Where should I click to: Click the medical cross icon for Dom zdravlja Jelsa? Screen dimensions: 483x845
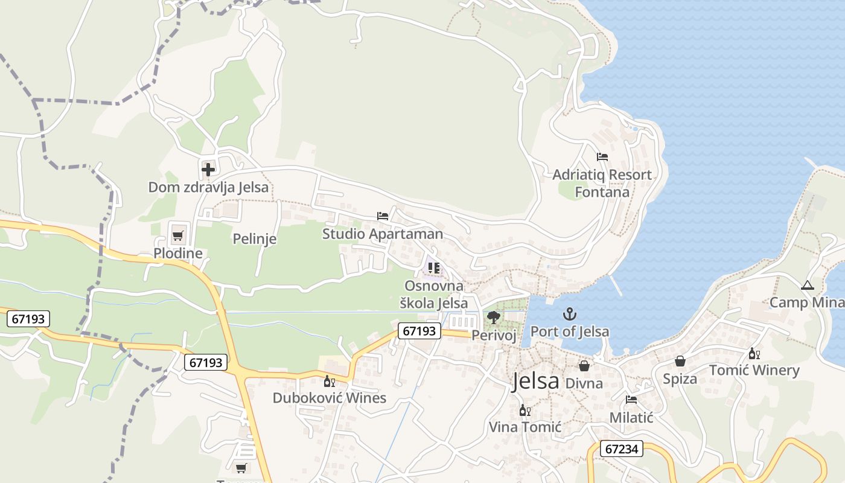[x=208, y=169]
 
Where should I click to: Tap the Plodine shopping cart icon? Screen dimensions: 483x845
[x=177, y=235]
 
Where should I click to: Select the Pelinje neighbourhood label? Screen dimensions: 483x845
[x=255, y=239]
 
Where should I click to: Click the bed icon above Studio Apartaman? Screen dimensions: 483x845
[x=383, y=216]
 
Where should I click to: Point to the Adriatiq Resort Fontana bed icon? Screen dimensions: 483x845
[x=602, y=157]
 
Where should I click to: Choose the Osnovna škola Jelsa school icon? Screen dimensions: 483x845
[x=433, y=267]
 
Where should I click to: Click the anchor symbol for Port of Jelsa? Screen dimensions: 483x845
[x=569, y=314]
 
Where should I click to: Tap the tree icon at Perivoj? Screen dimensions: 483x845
[x=494, y=318]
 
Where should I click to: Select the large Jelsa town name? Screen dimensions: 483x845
[x=535, y=381]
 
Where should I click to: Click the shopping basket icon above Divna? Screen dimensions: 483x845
[x=584, y=366]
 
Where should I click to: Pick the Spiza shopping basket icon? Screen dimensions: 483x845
[x=680, y=361]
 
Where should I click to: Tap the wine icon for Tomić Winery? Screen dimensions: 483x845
[x=754, y=353]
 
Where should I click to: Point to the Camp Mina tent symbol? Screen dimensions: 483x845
[x=808, y=286]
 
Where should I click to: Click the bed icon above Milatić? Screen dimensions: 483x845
[x=631, y=400]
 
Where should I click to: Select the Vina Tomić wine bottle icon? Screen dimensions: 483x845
[x=525, y=411]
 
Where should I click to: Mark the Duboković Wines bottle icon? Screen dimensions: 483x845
[x=329, y=381]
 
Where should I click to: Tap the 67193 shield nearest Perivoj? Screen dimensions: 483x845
[x=419, y=331]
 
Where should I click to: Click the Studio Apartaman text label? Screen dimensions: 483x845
[x=383, y=234]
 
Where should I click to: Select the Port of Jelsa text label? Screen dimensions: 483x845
[x=570, y=331]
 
